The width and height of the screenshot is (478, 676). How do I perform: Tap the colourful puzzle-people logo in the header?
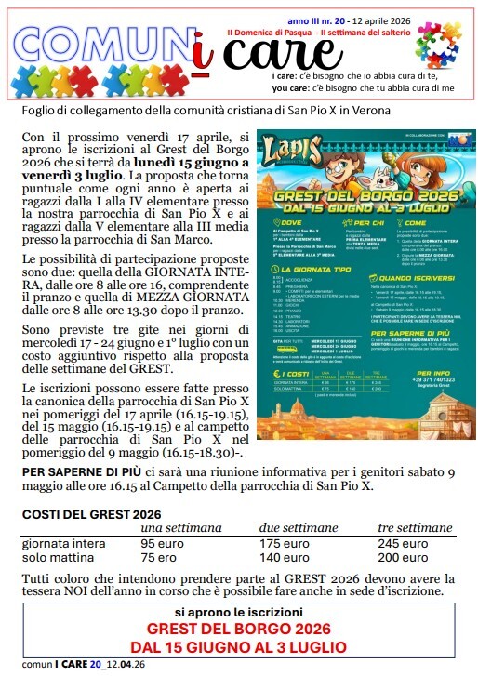pyautogui.click(x=438, y=47)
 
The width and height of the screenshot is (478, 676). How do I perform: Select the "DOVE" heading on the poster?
pyautogui.click(x=285, y=222)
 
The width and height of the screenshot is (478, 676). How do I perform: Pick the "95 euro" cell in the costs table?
pyautogui.click(x=162, y=543)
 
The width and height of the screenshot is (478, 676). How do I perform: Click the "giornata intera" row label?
pyautogui.click(x=62, y=543)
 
